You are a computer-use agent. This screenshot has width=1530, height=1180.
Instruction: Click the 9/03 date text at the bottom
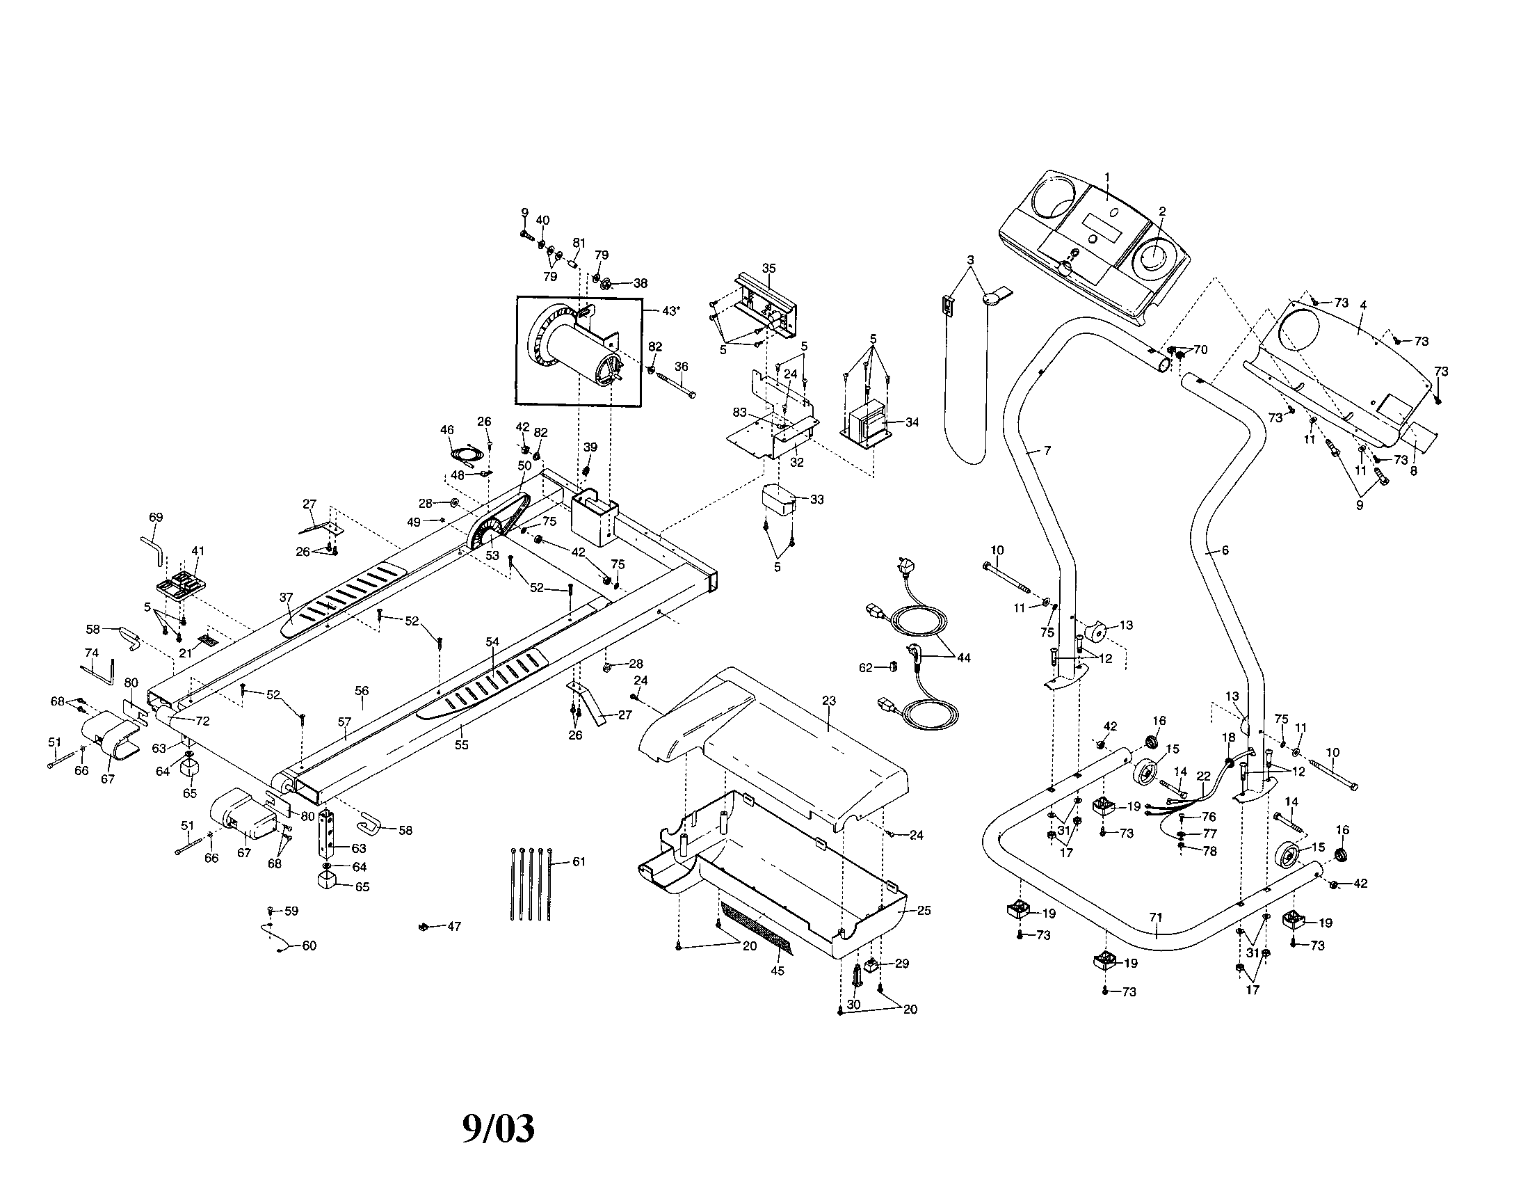pyautogui.click(x=498, y=1128)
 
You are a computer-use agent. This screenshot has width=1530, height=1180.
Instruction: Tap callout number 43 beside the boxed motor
pyautogui.click(x=670, y=310)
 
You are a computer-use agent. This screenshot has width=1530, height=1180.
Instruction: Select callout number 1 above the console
pyautogui.click(x=1108, y=177)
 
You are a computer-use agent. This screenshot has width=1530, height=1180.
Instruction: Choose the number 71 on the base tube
pyautogui.click(x=1156, y=917)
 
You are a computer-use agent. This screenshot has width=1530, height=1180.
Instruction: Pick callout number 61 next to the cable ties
pyautogui.click(x=579, y=862)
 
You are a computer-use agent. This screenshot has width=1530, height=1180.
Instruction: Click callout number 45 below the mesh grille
pyautogui.click(x=778, y=971)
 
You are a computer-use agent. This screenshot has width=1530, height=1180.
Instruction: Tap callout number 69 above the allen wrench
pyautogui.click(x=156, y=517)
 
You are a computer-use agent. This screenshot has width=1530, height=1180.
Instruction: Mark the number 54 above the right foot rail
pyautogui.click(x=492, y=642)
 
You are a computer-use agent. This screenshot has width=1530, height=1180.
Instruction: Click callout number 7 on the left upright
pyautogui.click(x=1047, y=451)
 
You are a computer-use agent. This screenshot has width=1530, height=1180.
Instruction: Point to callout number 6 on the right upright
pyautogui.click(x=1225, y=551)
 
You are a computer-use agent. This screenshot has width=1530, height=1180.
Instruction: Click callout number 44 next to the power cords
pyautogui.click(x=964, y=658)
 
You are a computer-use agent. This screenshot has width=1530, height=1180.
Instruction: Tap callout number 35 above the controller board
pyautogui.click(x=769, y=269)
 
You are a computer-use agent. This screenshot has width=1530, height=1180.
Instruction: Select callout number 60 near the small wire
pyautogui.click(x=309, y=946)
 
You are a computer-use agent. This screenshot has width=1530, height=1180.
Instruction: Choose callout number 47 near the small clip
pyautogui.click(x=454, y=926)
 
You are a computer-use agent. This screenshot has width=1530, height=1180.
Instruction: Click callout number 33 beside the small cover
pyautogui.click(x=817, y=500)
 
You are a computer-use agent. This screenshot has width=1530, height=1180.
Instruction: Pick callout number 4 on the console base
pyautogui.click(x=1363, y=305)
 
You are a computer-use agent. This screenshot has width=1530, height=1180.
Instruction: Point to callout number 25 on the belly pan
pyautogui.click(x=924, y=910)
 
